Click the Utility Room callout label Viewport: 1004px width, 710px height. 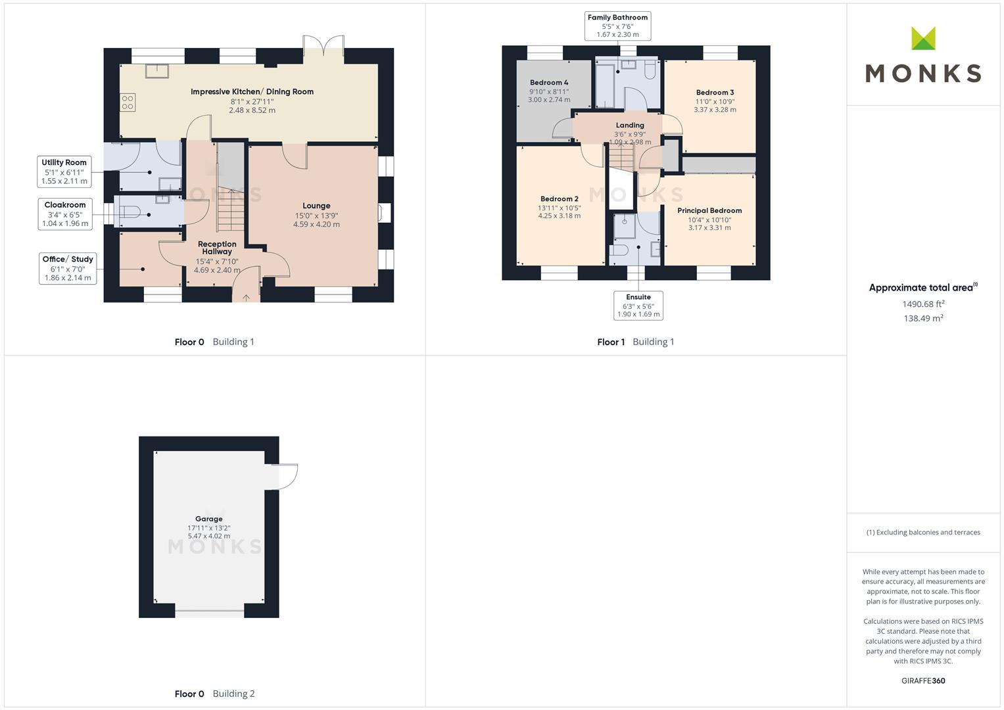(64, 172)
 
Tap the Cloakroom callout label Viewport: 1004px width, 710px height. (65, 214)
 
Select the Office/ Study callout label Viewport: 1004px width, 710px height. (68, 268)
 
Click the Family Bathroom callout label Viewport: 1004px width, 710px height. (617, 26)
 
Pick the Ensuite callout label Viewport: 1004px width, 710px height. (638, 306)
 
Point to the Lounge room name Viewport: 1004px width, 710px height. (316, 206)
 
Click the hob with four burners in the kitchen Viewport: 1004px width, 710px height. (128, 102)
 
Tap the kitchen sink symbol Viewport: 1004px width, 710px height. (157, 71)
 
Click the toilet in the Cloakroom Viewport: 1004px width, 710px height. (130, 212)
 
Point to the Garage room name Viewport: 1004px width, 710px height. (209, 519)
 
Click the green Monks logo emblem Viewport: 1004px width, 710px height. (923, 38)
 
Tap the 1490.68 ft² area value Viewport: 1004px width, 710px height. (923, 304)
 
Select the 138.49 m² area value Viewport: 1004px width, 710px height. (923, 318)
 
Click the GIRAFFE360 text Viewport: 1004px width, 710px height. (923, 681)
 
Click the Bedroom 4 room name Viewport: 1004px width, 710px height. (549, 82)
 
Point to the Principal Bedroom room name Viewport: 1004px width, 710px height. (709, 210)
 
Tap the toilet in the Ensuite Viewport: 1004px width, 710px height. (619, 250)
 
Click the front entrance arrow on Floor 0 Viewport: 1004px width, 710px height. (246, 297)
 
